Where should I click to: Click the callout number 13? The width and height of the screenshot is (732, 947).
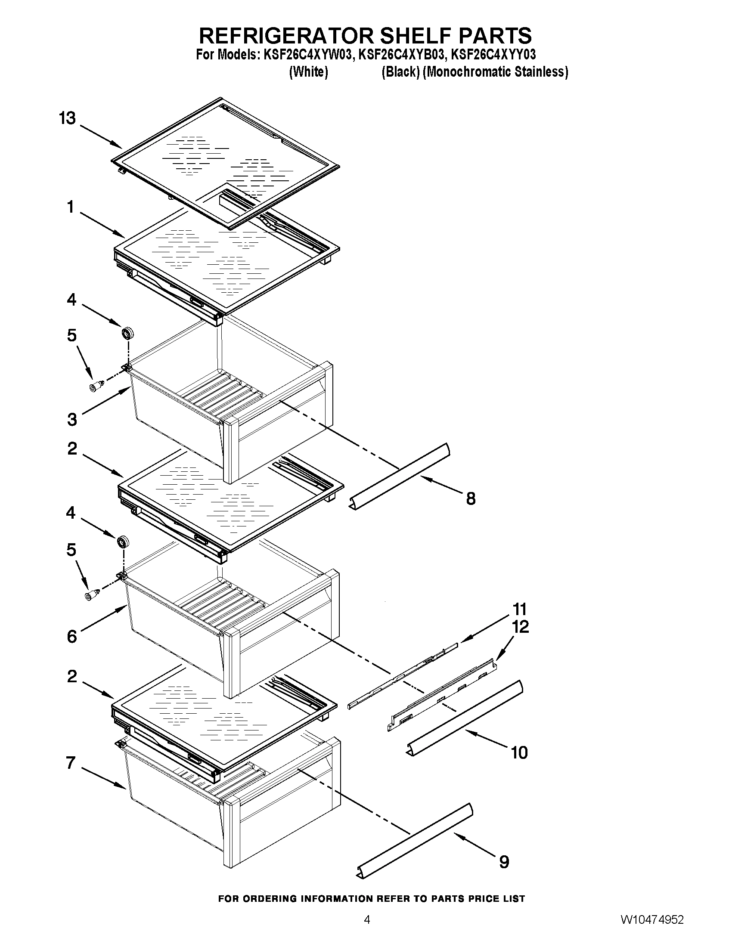pyautogui.click(x=68, y=118)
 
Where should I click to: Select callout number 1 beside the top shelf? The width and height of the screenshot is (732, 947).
pyautogui.click(x=71, y=207)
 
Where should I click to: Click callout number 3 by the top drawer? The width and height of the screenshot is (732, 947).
pyautogui.click(x=72, y=419)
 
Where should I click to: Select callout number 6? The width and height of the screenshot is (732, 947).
pyautogui.click(x=72, y=636)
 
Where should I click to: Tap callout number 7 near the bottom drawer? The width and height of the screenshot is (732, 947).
pyautogui.click(x=71, y=763)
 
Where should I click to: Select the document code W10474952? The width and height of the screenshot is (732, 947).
pyautogui.click(x=652, y=929)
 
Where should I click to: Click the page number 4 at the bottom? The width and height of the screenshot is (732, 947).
pyautogui.click(x=367, y=929)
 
